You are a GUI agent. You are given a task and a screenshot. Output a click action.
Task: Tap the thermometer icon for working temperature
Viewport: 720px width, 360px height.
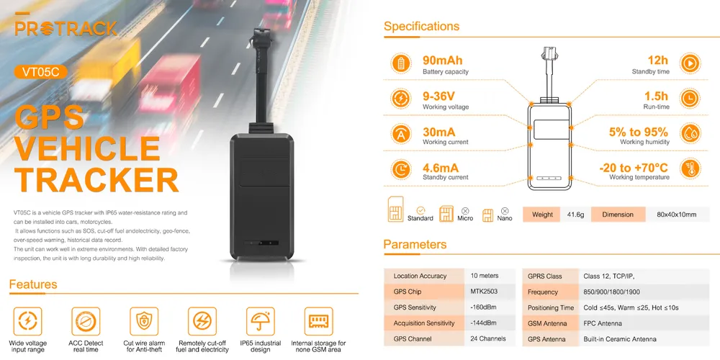pyautogui.click(x=689, y=169)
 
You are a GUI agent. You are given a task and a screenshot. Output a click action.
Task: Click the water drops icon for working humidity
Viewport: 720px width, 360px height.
pyautogui.click(x=689, y=134)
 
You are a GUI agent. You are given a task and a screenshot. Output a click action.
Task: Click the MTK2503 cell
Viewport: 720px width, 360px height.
pyautogui.click(x=484, y=292)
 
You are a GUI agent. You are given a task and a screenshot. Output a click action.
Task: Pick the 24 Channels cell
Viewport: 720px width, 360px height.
pyautogui.click(x=487, y=338)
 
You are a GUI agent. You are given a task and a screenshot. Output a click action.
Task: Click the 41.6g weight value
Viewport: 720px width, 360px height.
pyautogui.click(x=575, y=215)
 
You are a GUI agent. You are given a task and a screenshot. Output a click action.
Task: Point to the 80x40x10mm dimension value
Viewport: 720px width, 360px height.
pyautogui.click(x=677, y=215)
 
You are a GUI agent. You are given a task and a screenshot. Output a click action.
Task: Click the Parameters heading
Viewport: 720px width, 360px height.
pyautogui.click(x=415, y=245)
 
